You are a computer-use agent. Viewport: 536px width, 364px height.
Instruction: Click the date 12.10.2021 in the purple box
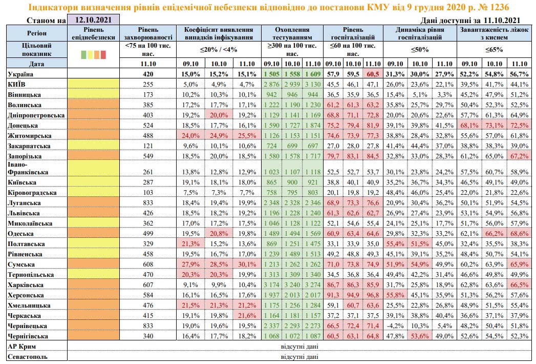point(93,20)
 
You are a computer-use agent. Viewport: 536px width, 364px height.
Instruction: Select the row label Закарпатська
point(29,146)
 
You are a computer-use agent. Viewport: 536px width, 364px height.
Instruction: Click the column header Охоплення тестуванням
point(292,33)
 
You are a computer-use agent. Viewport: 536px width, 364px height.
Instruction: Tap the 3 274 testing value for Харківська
point(313,285)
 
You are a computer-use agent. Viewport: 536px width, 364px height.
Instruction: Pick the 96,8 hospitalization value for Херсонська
point(373,295)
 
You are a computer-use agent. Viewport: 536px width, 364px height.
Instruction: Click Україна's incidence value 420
point(148,74)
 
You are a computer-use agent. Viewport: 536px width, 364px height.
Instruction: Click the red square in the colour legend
point(103,54)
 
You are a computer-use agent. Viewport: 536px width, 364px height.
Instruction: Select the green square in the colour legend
point(83,54)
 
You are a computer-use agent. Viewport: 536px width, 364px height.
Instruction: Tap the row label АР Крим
point(22,347)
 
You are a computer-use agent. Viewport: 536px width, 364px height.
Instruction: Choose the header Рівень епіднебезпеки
point(93,33)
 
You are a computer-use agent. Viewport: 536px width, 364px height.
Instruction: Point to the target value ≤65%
point(495,50)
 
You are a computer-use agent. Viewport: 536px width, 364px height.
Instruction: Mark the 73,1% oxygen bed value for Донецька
point(495,125)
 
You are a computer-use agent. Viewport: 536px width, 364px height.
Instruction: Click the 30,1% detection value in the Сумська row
point(247,264)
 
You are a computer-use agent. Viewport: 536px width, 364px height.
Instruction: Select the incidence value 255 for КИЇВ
point(148,84)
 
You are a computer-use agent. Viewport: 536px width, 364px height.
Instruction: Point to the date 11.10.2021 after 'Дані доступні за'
point(502,21)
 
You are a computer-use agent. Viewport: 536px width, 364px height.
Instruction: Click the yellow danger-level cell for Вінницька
point(93,94)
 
